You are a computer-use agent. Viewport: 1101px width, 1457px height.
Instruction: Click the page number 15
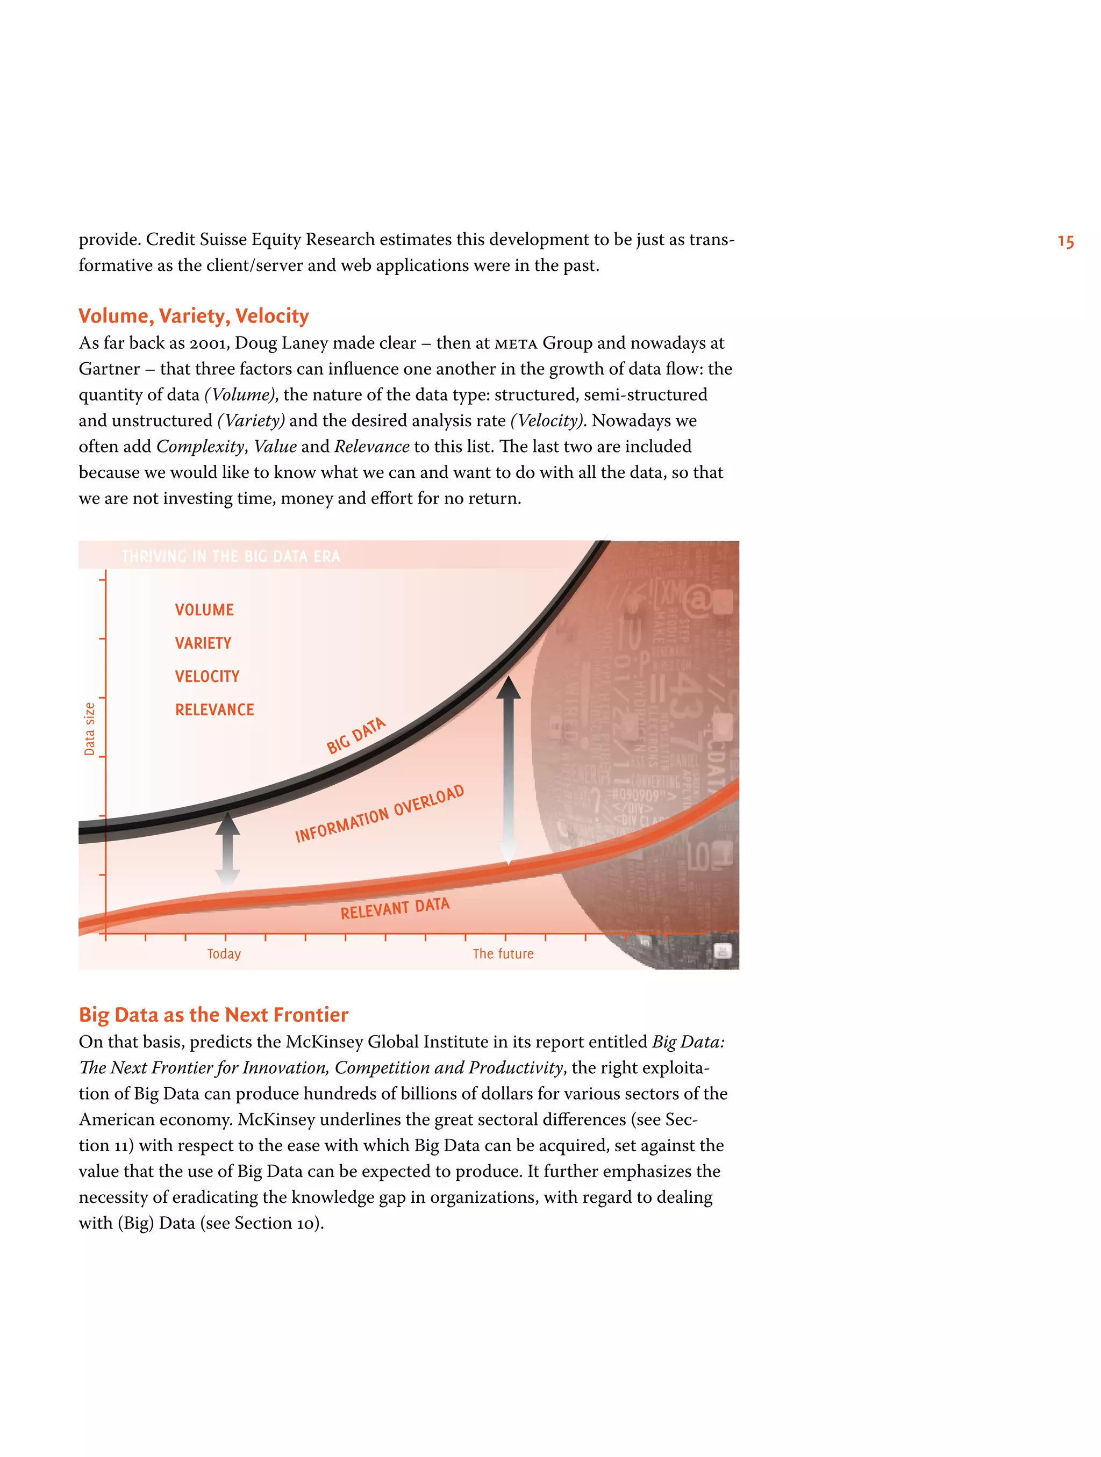1065,242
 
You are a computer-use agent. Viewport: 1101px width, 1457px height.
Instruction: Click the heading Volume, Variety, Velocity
193,316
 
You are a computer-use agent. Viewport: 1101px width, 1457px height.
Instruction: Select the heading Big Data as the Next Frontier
213,1014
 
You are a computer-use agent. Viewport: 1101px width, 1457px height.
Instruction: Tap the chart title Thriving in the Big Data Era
231,557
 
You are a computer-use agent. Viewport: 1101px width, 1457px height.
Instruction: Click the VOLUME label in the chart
204,610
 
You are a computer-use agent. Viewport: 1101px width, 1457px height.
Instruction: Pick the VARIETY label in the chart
203,643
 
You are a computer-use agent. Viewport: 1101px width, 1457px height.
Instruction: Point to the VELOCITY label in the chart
207,677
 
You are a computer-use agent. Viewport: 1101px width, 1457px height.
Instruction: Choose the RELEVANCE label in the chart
214,709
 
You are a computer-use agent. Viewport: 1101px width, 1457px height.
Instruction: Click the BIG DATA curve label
356,736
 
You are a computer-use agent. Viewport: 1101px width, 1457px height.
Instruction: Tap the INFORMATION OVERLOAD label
380,814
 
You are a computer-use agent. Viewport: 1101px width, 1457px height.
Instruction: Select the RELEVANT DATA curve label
395,909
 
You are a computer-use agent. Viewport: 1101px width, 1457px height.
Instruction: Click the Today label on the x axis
224,954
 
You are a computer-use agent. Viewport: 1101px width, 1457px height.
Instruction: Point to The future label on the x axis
503,954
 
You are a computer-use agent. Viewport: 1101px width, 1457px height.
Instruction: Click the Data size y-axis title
90,729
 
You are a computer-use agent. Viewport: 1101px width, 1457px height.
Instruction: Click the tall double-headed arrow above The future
508,771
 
